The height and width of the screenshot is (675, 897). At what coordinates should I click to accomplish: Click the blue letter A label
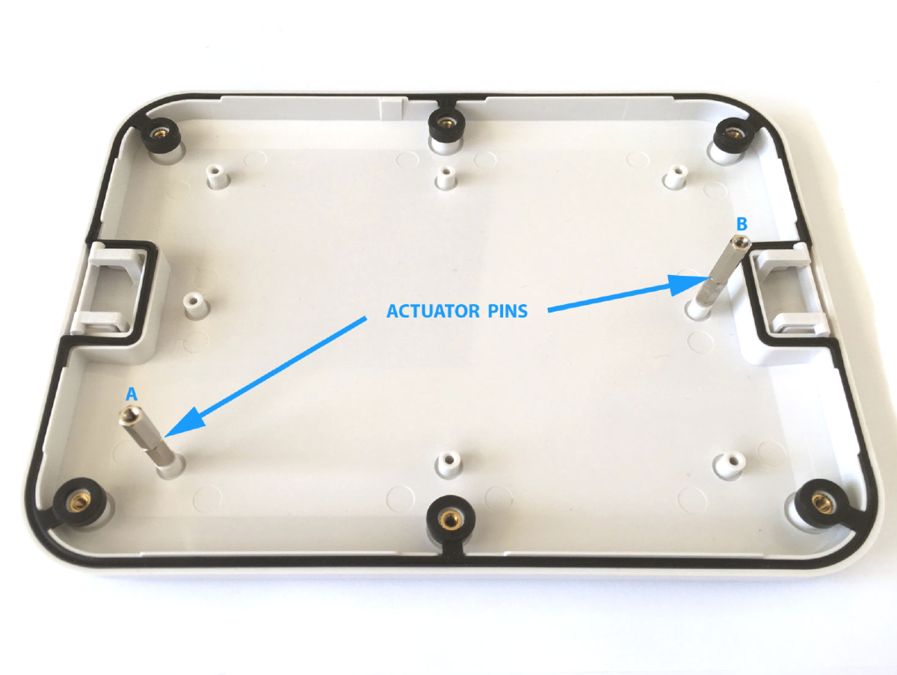(x=131, y=395)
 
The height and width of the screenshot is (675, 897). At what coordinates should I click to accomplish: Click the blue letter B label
(x=742, y=224)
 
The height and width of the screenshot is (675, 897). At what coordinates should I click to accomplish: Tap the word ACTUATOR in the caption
(x=433, y=312)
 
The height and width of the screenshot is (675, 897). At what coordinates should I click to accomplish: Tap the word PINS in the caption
(x=508, y=312)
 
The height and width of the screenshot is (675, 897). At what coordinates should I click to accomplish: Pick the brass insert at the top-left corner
(x=160, y=132)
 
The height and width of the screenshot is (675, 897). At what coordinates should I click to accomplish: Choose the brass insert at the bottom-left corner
(x=77, y=502)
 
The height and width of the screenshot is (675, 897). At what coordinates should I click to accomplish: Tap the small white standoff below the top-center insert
(x=446, y=177)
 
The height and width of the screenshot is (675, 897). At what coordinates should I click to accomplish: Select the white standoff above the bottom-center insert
(x=449, y=462)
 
